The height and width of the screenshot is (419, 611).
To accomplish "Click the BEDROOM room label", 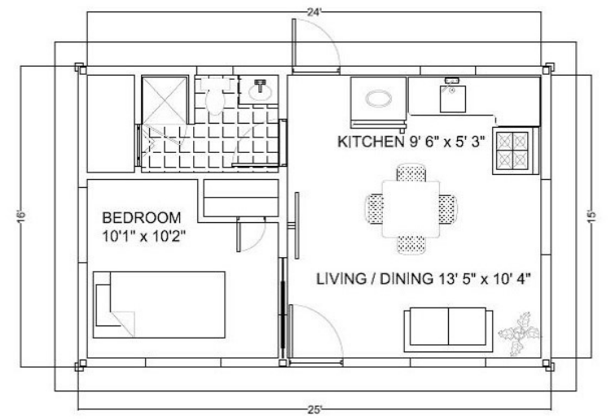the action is (x=142, y=217).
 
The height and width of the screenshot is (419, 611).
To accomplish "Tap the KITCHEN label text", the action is (x=369, y=142).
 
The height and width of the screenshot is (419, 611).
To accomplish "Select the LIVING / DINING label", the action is (x=375, y=279).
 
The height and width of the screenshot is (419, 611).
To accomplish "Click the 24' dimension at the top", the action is (x=314, y=12).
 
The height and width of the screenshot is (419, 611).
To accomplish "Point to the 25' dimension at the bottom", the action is (x=314, y=410).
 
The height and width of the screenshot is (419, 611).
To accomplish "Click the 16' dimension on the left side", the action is (x=21, y=216).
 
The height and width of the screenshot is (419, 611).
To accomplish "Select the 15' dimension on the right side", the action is (x=591, y=216).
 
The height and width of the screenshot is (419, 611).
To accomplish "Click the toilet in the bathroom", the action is (x=213, y=95).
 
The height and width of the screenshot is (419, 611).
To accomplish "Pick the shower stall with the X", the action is (x=164, y=100).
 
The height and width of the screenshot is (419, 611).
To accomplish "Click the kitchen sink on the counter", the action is (x=452, y=96).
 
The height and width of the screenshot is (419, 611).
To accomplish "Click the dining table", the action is (x=411, y=209).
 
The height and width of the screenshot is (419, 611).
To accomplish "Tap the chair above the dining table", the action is (x=411, y=172).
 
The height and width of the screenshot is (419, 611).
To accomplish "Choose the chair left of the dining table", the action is (x=375, y=208).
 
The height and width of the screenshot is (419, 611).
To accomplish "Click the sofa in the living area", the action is (x=448, y=330).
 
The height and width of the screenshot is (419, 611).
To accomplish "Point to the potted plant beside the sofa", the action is (x=519, y=334).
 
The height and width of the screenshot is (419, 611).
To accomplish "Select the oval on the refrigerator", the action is (x=379, y=98).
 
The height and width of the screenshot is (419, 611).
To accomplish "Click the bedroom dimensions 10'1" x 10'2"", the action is (x=143, y=236).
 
